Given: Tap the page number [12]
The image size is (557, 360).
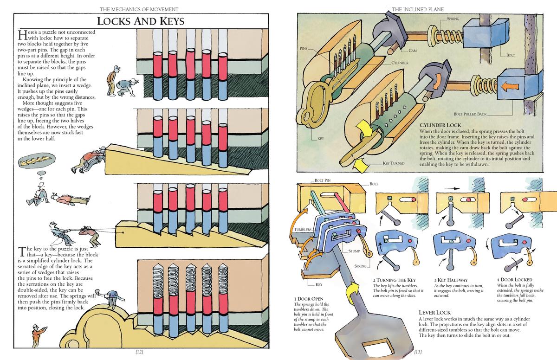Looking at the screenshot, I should (x=140, y=352).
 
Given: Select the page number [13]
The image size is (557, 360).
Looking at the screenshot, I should (x=418, y=352).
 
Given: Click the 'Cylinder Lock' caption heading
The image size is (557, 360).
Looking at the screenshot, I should (x=440, y=125).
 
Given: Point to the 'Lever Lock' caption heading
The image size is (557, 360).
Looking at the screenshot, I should (x=434, y=313).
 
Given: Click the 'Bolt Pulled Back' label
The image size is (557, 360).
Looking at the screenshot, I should (x=470, y=114).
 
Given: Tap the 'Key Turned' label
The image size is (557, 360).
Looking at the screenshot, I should (x=394, y=163).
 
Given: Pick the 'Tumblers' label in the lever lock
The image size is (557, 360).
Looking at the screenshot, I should (x=301, y=230).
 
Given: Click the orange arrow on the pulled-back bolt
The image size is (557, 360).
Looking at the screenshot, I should (x=511, y=86).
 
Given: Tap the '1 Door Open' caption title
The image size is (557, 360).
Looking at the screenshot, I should (x=309, y=299).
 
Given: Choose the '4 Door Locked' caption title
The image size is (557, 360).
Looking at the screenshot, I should (x=515, y=280).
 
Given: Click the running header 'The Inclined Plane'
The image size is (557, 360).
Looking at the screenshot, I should (x=418, y=9).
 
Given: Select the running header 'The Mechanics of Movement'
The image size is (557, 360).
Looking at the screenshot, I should (x=140, y=9).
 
